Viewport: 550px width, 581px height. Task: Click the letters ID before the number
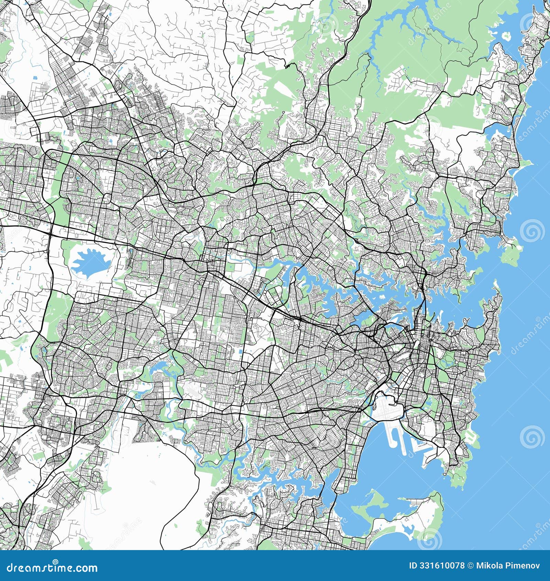pyautogui.click(x=414, y=566)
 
